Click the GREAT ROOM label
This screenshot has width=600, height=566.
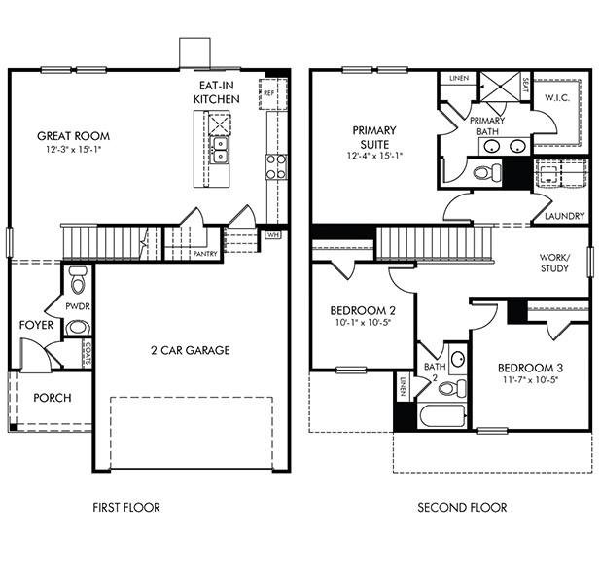tap(73, 135)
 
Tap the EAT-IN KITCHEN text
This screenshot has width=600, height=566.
tap(215, 92)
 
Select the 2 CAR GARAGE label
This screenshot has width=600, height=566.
tap(190, 350)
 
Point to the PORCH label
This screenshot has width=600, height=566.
tap(52, 398)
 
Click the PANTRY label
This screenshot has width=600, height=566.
tap(205, 253)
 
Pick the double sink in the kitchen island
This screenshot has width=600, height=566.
tap(221, 149)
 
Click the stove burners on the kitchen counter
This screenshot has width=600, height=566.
tap(276, 164)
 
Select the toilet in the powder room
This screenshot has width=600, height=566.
tap(79, 284)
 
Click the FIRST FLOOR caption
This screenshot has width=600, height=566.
tap(126, 507)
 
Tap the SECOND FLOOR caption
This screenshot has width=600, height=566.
tap(462, 507)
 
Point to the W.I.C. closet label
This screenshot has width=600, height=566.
tap(557, 97)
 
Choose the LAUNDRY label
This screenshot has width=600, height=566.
tap(564, 216)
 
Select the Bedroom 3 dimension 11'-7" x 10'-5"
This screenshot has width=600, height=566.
tap(532, 380)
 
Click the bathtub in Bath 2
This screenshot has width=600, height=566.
tap(443, 418)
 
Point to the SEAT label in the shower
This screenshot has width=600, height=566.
tap(525, 86)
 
